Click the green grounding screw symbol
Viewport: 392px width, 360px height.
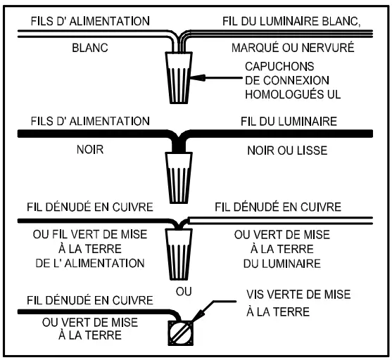pyautogui.click(x=180, y=333)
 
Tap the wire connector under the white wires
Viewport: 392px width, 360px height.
pyautogui.click(x=179, y=78)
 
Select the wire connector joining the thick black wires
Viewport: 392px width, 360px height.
pyautogui.click(x=179, y=178)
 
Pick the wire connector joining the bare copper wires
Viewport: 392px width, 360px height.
pyautogui.click(x=179, y=255)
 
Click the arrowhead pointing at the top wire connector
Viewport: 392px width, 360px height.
pyautogui.click(x=198, y=78)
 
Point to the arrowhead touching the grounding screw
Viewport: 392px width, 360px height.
pyautogui.click(x=198, y=317)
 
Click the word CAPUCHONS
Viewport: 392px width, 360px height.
pyautogui.click(x=279, y=67)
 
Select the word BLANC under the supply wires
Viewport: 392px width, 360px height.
pyautogui.click(x=90, y=48)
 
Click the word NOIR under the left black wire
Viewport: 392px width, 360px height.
pyautogui.click(x=90, y=150)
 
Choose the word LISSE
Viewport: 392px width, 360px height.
pyautogui.click(x=312, y=150)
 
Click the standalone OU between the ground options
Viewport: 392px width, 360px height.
pyautogui.click(x=184, y=292)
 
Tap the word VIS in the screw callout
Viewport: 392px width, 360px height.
pyautogui.click(x=256, y=295)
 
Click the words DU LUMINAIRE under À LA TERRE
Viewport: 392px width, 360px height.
pyautogui.click(x=282, y=264)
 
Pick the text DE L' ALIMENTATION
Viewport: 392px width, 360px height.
pyautogui.click(x=90, y=263)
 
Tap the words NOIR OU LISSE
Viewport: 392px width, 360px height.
pyautogui.click(x=288, y=150)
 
